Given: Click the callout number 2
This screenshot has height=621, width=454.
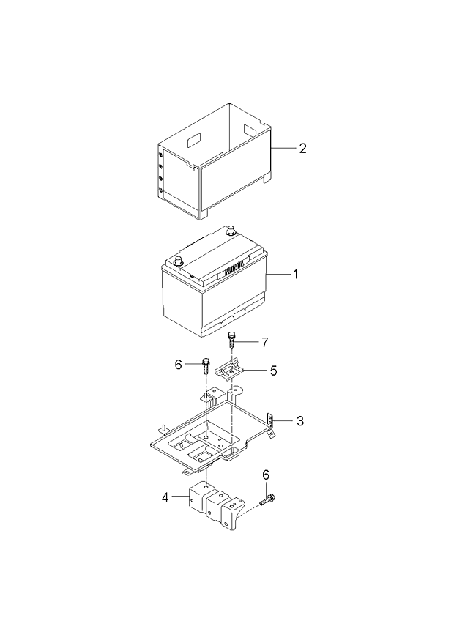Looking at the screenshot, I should (302, 149).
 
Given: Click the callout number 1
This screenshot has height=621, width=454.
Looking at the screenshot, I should (295, 275).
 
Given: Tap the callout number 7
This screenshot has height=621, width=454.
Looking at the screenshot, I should (266, 342).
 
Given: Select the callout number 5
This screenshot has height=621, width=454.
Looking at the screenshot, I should (273, 371).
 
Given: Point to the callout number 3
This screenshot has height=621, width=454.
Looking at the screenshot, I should (299, 421).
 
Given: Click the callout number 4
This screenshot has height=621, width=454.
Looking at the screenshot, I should (165, 497).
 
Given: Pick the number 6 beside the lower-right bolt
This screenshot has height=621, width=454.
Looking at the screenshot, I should (265, 475).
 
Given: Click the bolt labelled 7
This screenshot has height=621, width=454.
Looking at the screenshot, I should (232, 341).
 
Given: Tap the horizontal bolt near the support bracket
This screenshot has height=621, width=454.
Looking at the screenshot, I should (267, 501).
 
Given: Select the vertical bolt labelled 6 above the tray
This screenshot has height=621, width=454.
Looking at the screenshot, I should (206, 365).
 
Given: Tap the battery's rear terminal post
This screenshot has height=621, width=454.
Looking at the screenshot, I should (230, 231).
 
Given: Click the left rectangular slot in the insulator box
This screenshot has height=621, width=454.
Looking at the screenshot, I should (194, 137).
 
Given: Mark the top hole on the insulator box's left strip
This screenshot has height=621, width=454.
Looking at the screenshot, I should (161, 155).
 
